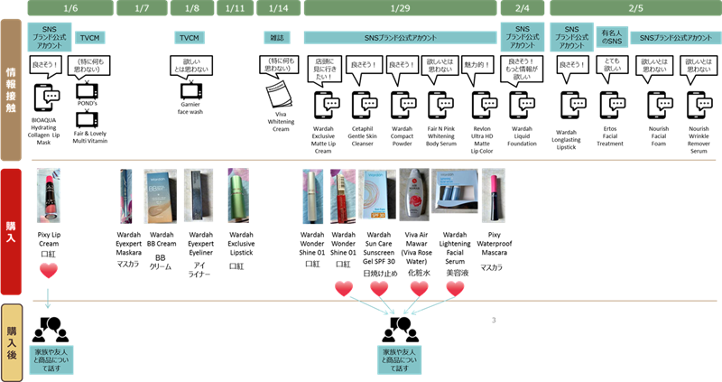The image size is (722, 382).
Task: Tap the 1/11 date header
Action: pyautogui.click(x=236, y=8)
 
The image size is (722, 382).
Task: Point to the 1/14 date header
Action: pyautogui.click(x=278, y=8)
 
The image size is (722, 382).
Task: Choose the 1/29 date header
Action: pyautogui.click(x=401, y=8)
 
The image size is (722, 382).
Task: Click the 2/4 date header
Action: pyautogui.click(x=523, y=8)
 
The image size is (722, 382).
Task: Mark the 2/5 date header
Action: pyautogui.click(x=635, y=8)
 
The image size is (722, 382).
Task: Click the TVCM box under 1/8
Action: pyautogui.click(x=189, y=38)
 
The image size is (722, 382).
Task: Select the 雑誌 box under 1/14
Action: pyautogui.click(x=277, y=38)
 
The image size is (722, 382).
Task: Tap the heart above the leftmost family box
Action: pyautogui.click(x=49, y=269)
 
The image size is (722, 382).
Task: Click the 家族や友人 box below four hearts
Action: pyautogui.click(x=401, y=358)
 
